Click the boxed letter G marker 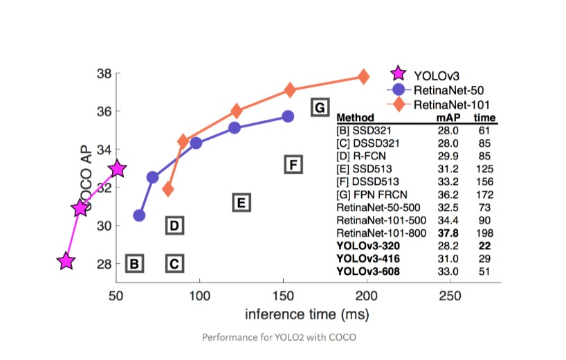tap(319, 107)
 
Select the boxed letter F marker tap(293, 165)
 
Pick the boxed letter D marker tap(174, 225)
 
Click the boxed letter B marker tap(135, 263)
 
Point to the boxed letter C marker tap(174, 263)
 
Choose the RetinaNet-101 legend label tap(447, 105)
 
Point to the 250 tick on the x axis tap(450, 294)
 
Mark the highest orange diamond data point tap(363, 76)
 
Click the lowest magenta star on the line tap(66, 262)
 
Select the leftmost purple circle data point tap(139, 215)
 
